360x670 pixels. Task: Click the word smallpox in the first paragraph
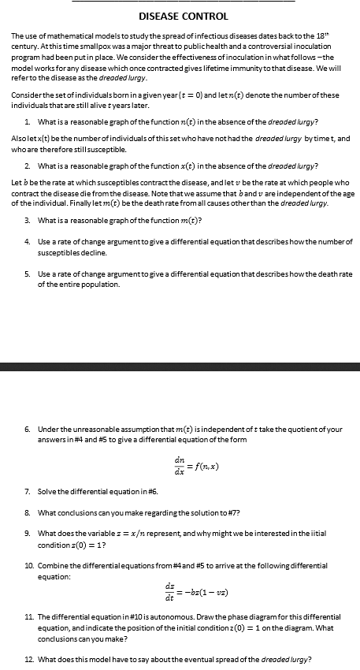pyautogui.click(x=98, y=47)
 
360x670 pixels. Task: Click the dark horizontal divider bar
pyautogui.click(x=180, y=367)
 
